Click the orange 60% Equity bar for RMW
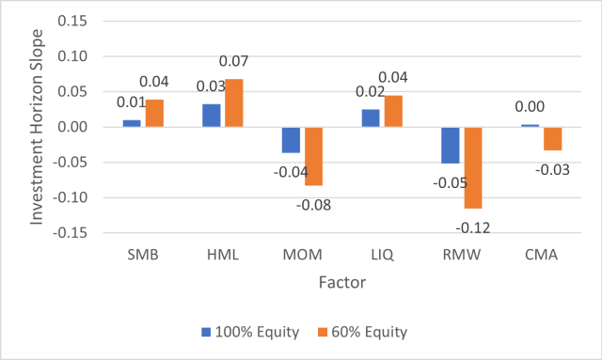point(472,167)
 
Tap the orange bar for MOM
point(313,156)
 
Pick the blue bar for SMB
point(133,123)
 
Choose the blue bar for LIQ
point(372,117)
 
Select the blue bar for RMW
point(451,145)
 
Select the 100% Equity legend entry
point(251,332)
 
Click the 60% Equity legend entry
point(368,332)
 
